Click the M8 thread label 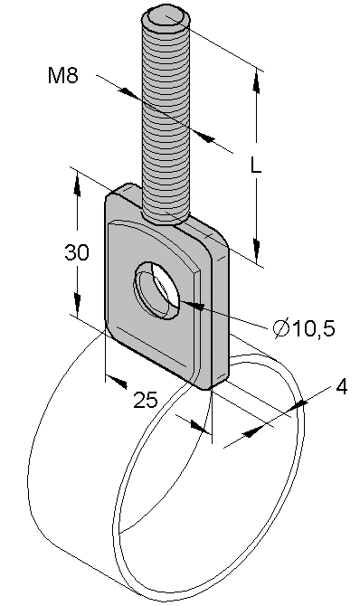point(63,75)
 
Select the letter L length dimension point(255,166)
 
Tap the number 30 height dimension point(77,252)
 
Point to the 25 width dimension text point(146,400)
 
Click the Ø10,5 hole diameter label point(304,328)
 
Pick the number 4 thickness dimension point(341,387)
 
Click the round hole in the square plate point(157,289)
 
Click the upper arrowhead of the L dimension point(256,81)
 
